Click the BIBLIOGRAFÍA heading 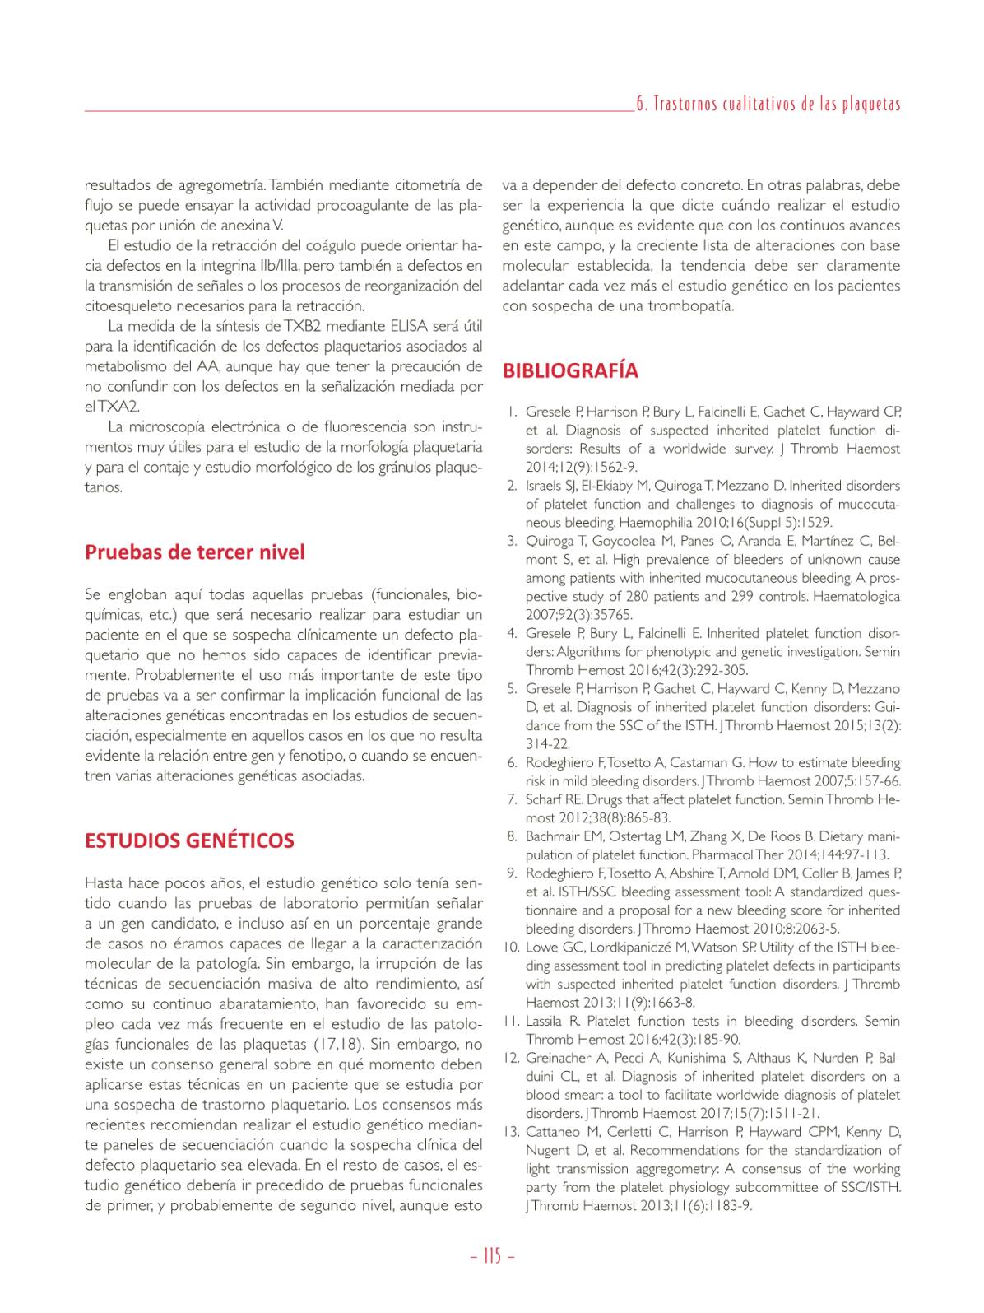570,370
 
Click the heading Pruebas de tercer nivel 194,552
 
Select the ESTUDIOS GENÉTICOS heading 189,840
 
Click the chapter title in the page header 768,104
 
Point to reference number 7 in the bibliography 512,799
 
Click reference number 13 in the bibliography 510,1132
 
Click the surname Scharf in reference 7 545,799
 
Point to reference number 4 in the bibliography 512,633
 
